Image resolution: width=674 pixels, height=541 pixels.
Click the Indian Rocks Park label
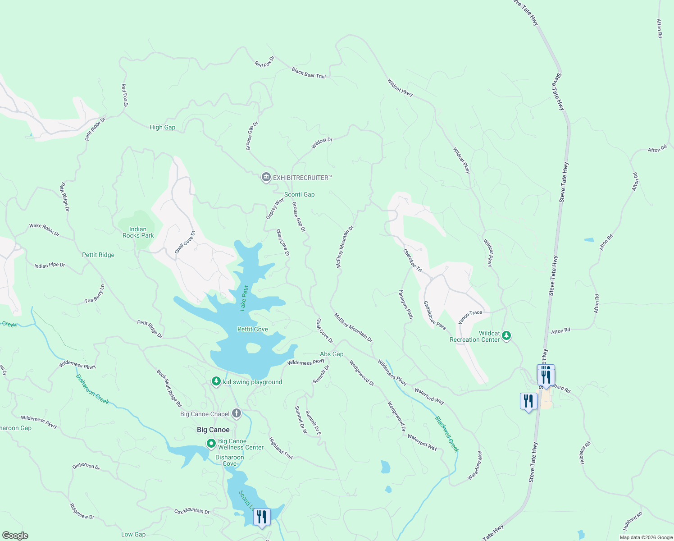[138, 232]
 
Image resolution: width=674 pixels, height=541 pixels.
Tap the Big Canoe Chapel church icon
[236, 413]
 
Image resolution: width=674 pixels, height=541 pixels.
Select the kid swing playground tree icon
[216, 382]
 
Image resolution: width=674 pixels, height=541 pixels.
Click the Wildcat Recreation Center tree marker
[506, 335]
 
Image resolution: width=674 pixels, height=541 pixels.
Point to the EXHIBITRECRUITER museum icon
[266, 177]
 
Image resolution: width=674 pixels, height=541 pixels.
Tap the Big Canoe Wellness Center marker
[211, 444]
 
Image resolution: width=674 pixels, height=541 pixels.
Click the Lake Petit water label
[244, 298]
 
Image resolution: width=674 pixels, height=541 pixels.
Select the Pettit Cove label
[252, 329]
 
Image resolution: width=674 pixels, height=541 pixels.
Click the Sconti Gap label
[299, 194]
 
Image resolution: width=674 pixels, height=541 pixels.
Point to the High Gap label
[162, 127]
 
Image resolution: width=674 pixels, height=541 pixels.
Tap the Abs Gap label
[332, 354]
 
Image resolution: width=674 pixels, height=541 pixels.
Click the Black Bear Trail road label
[308, 73]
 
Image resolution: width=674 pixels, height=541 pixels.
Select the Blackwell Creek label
[446, 434]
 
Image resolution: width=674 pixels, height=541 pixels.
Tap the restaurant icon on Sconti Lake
[261, 517]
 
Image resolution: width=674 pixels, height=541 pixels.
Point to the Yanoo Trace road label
[470, 316]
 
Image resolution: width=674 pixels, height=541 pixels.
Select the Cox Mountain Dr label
[192, 511]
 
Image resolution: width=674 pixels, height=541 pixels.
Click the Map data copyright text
[645, 537]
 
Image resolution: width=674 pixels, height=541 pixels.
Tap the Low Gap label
[133, 534]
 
